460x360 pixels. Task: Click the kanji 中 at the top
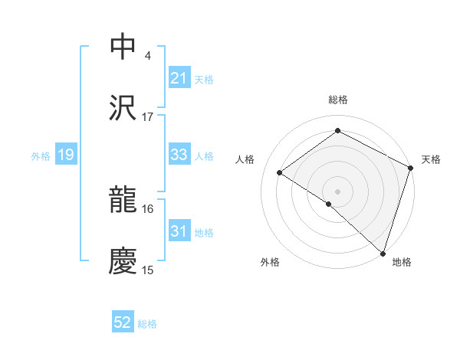[123, 47]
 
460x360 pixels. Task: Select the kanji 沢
[123, 108]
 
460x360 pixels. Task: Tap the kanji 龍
[123, 201]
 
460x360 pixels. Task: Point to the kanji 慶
[123, 261]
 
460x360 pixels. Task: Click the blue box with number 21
[179, 78]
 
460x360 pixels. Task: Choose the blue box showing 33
[179, 155]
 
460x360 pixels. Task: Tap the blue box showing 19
[65, 155]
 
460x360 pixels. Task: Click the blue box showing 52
[123, 323]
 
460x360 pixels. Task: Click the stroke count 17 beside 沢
[147, 116]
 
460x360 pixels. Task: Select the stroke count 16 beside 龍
[147, 208]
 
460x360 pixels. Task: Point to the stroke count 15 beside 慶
[147, 270]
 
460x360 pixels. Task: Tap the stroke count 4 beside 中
[147, 55]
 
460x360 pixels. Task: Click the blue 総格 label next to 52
[147, 324]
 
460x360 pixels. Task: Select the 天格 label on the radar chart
[431, 159]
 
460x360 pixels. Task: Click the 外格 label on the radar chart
[270, 262]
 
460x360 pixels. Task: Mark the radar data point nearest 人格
[280, 173]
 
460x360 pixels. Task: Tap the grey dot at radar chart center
[337, 190]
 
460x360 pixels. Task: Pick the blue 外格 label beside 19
[41, 156]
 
